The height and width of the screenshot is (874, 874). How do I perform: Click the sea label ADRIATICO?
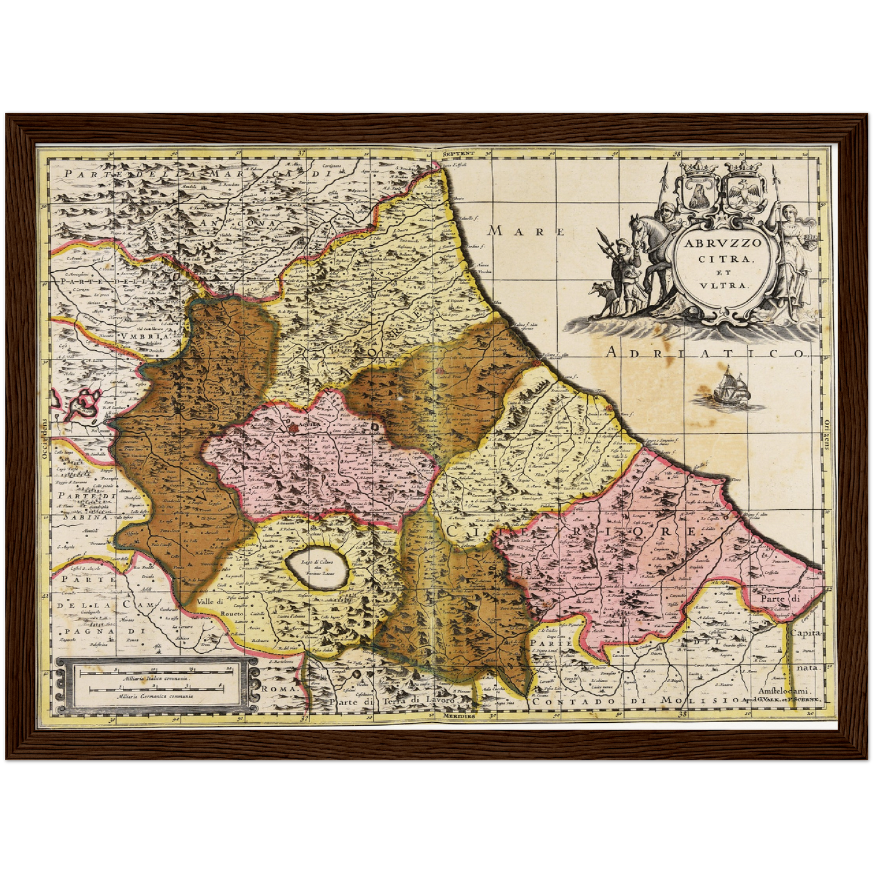pos(708,353)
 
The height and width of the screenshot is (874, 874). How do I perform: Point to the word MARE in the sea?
pos(526,231)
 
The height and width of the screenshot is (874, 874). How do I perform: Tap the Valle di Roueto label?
pos(219,608)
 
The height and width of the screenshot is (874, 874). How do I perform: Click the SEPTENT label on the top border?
pos(455,154)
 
